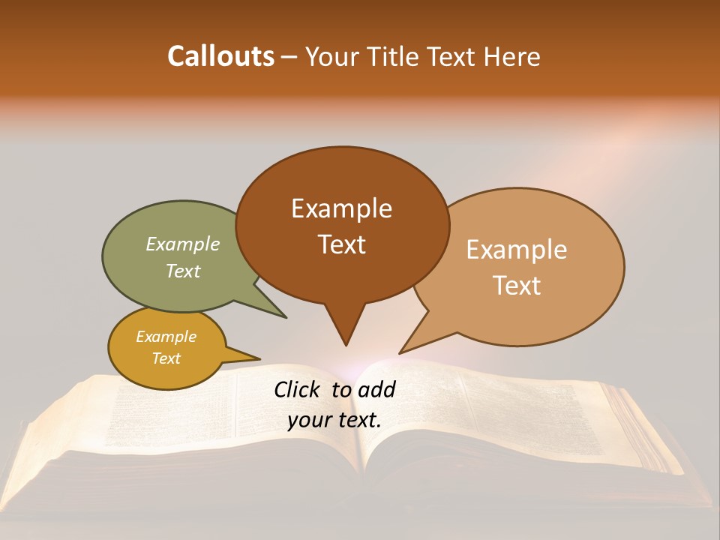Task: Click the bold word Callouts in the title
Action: [x=220, y=56]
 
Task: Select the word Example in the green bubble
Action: [x=183, y=244]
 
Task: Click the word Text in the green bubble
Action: [x=183, y=271]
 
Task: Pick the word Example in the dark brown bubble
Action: [x=341, y=208]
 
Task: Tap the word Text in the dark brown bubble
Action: [x=342, y=244]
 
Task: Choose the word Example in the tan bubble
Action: [x=517, y=250]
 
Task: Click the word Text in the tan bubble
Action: [x=517, y=285]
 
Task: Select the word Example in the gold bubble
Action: [x=166, y=337]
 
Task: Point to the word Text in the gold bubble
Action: [x=166, y=358]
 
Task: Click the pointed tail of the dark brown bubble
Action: [x=345, y=334]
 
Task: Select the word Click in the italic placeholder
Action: [x=297, y=389]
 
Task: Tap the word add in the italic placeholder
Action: [x=377, y=389]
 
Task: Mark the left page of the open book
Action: [x=187, y=420]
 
